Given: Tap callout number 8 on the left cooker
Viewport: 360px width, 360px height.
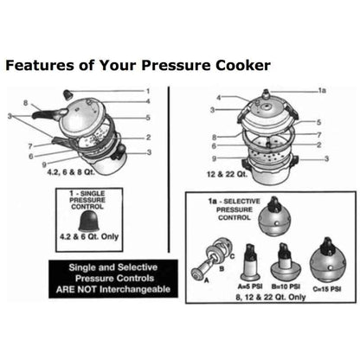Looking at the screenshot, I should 26,103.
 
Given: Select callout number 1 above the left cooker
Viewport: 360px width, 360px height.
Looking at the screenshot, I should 147,91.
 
